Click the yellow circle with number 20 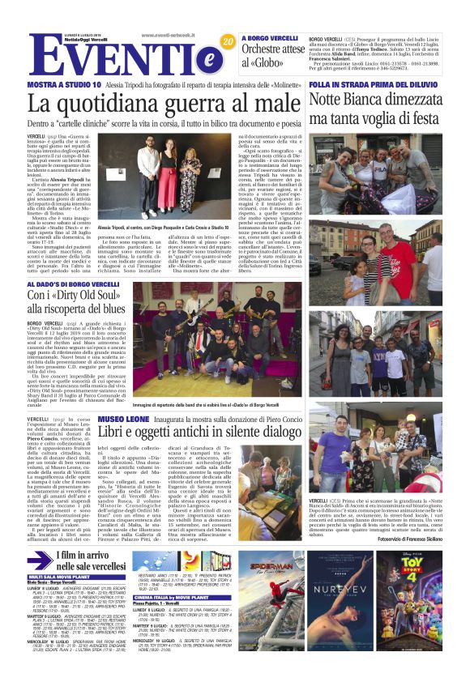pyautogui.click(x=228, y=40)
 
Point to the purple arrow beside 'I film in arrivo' pyautogui.click(x=40, y=562)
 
